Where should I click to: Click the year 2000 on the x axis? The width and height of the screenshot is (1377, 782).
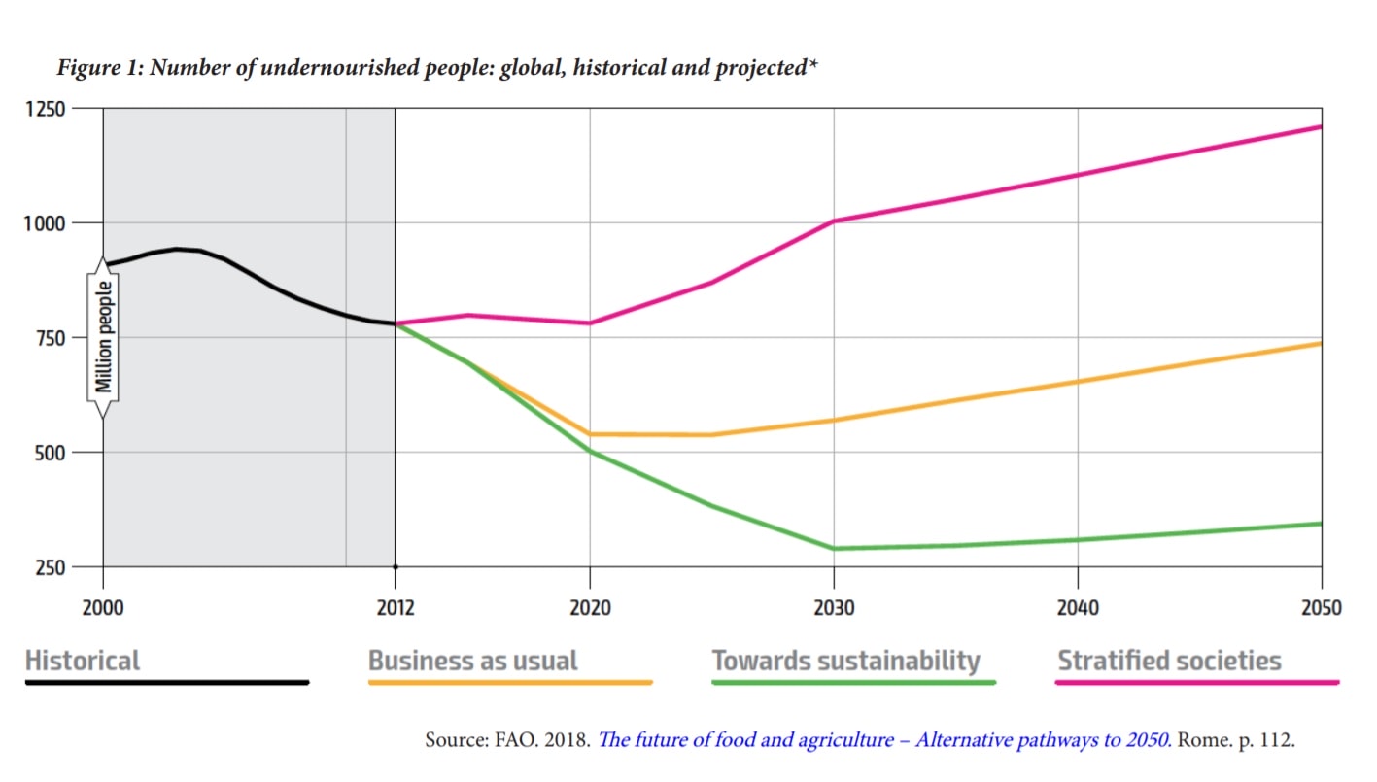coord(103,608)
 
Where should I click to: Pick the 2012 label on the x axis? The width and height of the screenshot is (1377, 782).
coord(395,608)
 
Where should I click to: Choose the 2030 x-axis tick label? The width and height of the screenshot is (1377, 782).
coord(834,608)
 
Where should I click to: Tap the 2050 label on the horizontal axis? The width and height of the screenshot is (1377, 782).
coord(1321,608)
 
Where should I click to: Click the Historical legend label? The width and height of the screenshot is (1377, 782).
coord(83,662)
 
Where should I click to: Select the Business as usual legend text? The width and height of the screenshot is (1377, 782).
coord(473,662)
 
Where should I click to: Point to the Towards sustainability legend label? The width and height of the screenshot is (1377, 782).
coord(845,662)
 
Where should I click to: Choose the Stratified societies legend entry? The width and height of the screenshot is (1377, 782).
coord(1169,662)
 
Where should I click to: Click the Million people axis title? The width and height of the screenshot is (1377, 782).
coord(104,338)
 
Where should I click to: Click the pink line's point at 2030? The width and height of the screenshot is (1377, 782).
coord(834,221)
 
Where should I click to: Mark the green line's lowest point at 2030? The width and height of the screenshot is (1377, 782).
coord(834,549)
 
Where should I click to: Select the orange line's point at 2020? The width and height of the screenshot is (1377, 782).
coord(590,434)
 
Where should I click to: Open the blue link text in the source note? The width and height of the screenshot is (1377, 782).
coord(883,740)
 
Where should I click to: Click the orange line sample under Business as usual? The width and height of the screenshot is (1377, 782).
coord(510,683)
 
